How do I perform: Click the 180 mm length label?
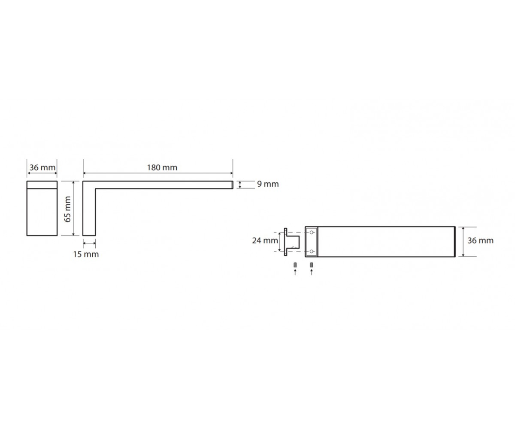coord(162,168)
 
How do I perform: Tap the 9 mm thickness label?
coord(268,184)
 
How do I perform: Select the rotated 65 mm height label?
coord(67,209)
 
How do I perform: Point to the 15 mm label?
coord(86,254)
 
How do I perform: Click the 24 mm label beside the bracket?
coord(265,240)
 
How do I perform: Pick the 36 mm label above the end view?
coord(42,168)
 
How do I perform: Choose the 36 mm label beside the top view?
coord(481,240)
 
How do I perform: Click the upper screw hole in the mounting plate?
coord(312,232)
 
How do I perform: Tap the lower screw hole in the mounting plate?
coord(312,251)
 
